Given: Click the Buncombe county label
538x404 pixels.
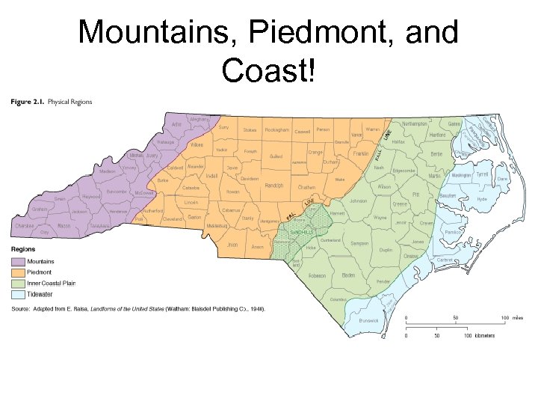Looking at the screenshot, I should pyautogui.click(x=117, y=192).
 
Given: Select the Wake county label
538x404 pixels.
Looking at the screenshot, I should pyautogui.click(x=340, y=180).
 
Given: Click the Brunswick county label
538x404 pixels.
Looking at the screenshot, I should pyautogui.click(x=368, y=319).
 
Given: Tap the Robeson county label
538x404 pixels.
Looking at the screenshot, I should pyautogui.click(x=317, y=275).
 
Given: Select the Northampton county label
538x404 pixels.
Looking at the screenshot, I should pyautogui.click(x=414, y=123).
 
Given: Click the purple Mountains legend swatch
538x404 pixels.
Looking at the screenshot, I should pyautogui.click(x=18, y=262).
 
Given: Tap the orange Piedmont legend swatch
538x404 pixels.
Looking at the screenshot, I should pyautogui.click(x=18, y=273).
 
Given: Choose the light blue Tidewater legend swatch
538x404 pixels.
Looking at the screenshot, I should pyautogui.click(x=18, y=296).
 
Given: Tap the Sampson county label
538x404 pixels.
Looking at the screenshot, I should pyautogui.click(x=359, y=243).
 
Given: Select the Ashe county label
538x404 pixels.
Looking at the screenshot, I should pyautogui.click(x=176, y=124).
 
